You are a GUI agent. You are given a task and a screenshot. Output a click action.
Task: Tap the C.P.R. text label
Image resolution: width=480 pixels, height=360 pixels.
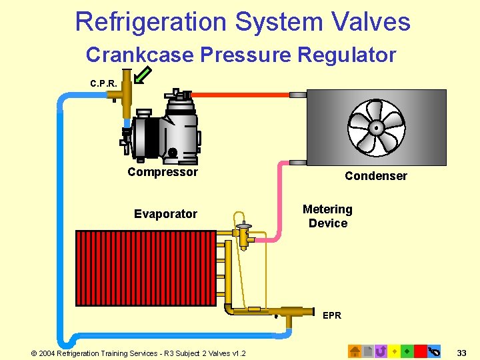[x=103, y=83]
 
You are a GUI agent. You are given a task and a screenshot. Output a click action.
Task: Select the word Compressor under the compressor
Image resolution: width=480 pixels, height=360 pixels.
[x=163, y=172]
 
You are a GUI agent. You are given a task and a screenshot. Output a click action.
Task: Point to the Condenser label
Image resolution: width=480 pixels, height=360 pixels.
[x=375, y=176]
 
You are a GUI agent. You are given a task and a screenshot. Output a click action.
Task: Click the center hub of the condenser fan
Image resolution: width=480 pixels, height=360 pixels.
[x=376, y=127]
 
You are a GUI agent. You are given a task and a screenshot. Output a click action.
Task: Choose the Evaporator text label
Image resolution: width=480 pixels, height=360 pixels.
[x=165, y=214]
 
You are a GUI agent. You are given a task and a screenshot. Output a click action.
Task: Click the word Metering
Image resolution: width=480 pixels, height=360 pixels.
[x=327, y=209]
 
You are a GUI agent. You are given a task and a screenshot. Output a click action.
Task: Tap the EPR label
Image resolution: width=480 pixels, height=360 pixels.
[x=331, y=315]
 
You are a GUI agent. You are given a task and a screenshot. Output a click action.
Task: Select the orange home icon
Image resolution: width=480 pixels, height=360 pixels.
[x=355, y=351]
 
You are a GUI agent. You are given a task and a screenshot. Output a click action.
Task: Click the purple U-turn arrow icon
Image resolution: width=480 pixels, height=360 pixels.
[x=381, y=351]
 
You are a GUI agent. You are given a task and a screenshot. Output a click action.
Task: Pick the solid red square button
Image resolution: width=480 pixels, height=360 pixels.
[x=420, y=351]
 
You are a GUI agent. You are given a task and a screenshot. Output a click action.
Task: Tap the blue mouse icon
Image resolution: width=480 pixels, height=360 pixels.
[x=435, y=351]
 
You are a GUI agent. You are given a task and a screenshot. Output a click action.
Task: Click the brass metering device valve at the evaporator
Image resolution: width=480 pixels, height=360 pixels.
[x=243, y=234]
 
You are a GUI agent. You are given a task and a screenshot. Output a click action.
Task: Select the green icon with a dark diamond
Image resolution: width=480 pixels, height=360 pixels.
[x=407, y=351]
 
